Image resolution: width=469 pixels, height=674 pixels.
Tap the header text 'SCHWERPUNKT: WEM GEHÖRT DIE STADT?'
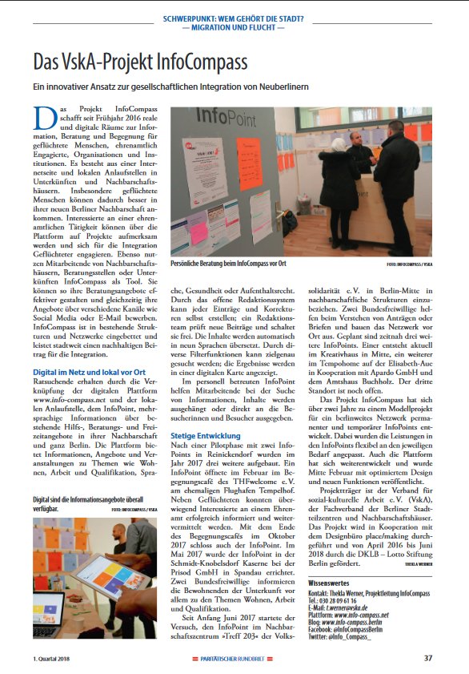point(234,17)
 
